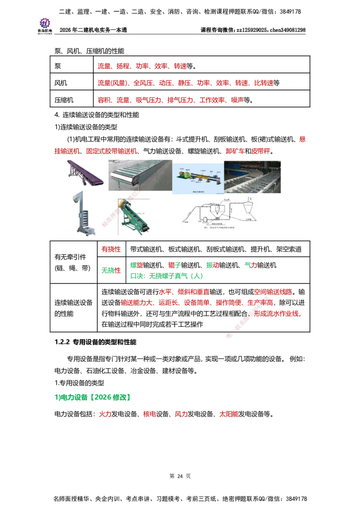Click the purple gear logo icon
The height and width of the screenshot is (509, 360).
(x=45, y=22)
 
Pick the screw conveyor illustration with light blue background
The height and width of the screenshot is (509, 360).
(x=198, y=179)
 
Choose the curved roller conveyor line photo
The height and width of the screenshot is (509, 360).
(x=254, y=176)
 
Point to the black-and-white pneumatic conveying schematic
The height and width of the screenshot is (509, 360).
(x=219, y=212)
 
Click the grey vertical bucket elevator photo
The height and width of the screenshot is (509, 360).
(x=85, y=212)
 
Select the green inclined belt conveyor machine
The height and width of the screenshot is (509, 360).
(x=133, y=218)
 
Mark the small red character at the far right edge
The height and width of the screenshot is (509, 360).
(x=302, y=140)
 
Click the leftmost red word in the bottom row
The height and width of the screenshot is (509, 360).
(x=104, y=414)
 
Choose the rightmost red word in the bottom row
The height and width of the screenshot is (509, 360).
(x=228, y=414)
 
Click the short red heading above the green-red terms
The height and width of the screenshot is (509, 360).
(x=110, y=248)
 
